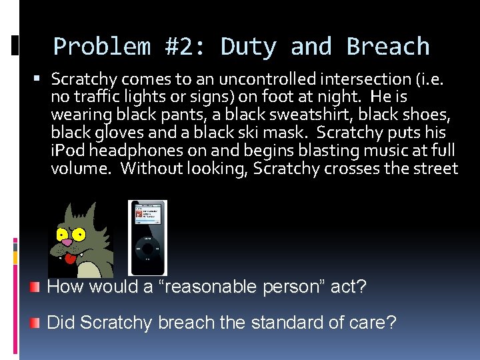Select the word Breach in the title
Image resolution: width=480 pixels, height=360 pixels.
[388, 47]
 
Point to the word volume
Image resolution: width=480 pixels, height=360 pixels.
[79, 169]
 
